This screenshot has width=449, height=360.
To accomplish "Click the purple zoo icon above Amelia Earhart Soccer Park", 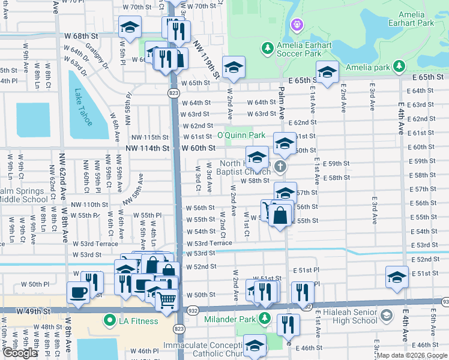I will click(x=295, y=25).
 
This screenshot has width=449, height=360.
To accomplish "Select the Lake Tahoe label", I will click(x=83, y=107).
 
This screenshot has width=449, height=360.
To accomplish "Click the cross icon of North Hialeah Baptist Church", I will click(x=280, y=166).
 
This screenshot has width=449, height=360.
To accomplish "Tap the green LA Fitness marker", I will click(x=110, y=320).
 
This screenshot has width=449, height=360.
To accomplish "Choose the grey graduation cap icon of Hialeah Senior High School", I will click(x=386, y=315).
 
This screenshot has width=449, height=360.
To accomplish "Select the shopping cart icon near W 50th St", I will click(x=167, y=298).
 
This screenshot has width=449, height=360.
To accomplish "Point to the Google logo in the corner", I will click(x=20, y=353).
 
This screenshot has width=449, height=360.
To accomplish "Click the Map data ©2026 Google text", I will click(x=412, y=355).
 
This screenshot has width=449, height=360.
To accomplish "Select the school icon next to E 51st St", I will click(x=397, y=277).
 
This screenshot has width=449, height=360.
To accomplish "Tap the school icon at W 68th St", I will click(x=129, y=27).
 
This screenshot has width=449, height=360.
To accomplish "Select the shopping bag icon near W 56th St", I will click(x=280, y=215).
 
